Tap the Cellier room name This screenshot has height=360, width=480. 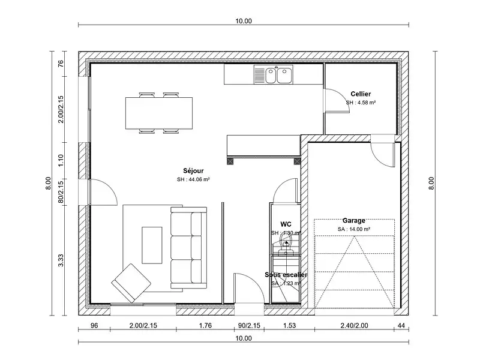click(x=361, y=94)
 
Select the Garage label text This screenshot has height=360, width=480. click(x=353, y=220)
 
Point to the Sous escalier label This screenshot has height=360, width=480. click(x=286, y=274)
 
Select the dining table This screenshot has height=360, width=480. click(x=160, y=112)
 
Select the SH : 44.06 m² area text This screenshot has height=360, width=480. click(x=193, y=179)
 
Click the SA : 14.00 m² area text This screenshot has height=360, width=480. click(x=353, y=229)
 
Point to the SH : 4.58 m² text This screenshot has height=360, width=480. click(x=361, y=103)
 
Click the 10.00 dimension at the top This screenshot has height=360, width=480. click(x=244, y=21)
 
